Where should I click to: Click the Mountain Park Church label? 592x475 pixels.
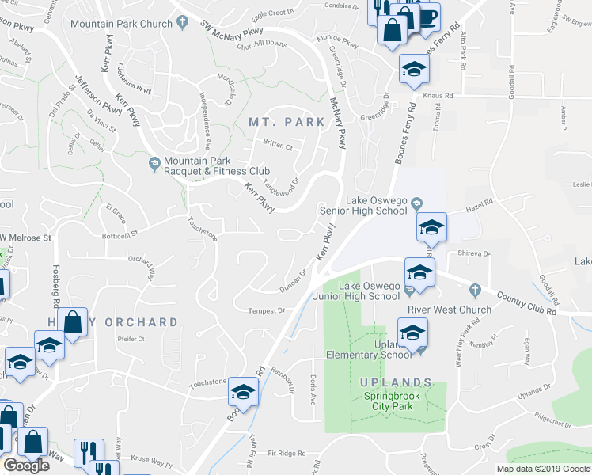pyautogui.click(x=121, y=24)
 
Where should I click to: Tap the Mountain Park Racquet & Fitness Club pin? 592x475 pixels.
pyautogui.click(x=154, y=164)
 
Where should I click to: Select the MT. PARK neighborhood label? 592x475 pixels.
pyautogui.click(x=287, y=122)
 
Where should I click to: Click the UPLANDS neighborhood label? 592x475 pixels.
pyautogui.click(x=397, y=382)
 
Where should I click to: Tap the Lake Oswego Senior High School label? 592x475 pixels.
pyautogui.click(x=363, y=206)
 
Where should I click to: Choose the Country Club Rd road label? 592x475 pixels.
pyautogui.click(x=527, y=301)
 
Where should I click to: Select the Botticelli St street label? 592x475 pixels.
pyautogui.click(x=115, y=234)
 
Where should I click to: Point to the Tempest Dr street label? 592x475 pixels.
pyautogui.click(x=266, y=311)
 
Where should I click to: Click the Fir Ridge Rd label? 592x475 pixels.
pyautogui.click(x=287, y=453)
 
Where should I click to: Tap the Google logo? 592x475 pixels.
pyautogui.click(x=26, y=465)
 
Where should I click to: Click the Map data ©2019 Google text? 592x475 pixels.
pyautogui.click(x=542, y=469)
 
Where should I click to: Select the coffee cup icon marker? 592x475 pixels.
pyautogui.click(x=427, y=17)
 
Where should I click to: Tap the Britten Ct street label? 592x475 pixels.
pyautogui.click(x=278, y=146)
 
